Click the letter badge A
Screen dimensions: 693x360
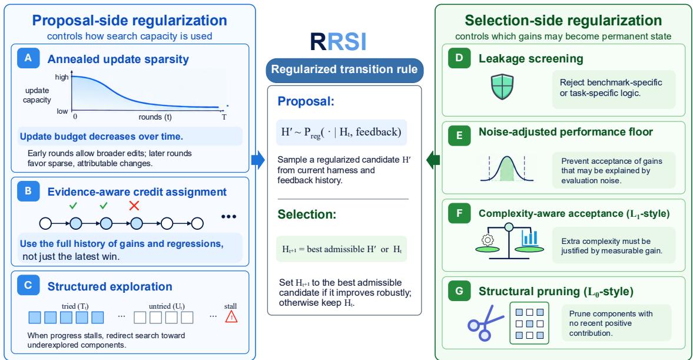coord(28,58)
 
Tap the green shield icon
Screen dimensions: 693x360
coord(502,87)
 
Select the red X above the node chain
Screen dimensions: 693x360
coord(134,206)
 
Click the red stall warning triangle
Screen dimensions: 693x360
coord(231,316)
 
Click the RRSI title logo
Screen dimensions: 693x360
coord(338,42)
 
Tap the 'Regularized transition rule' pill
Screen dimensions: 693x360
coord(344,70)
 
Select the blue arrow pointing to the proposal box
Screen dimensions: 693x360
coord(258,160)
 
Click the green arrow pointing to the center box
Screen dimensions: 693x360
coord(433,160)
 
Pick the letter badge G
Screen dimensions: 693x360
coord(459,291)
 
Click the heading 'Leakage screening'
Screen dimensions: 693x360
coord(531,59)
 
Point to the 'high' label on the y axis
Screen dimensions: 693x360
coord(62,77)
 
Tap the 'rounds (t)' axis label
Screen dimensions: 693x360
coord(155,117)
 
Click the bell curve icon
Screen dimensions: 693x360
coord(507,169)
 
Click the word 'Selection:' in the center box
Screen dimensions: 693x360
coord(307,214)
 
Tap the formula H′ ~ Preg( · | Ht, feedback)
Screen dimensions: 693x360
coord(341,132)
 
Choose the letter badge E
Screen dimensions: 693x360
coord(459,136)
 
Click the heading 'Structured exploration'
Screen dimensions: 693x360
coord(110,286)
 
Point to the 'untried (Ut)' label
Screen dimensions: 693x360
coord(167,306)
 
